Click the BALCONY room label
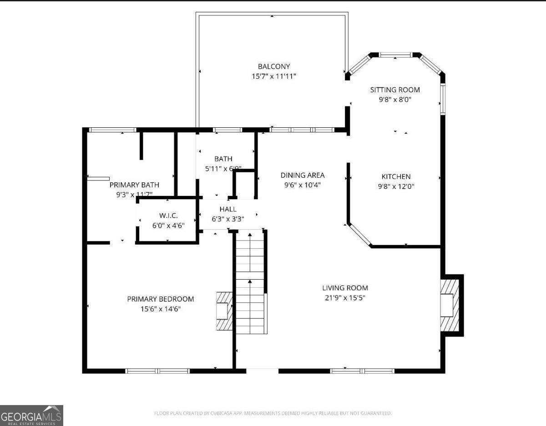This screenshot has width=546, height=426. tap(274, 66)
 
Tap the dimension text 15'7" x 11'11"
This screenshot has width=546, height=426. tap(274, 76)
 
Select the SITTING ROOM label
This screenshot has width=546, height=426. tap(394, 90)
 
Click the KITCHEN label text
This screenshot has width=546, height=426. tap(396, 176)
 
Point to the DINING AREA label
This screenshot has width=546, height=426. tap(303, 175)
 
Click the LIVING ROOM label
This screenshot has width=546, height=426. tap(345, 288)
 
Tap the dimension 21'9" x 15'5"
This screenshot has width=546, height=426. tap(345, 298)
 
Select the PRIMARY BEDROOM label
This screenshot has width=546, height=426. tap(160, 299)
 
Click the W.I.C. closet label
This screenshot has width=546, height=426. tap(168, 215)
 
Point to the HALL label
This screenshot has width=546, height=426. tap(228, 209)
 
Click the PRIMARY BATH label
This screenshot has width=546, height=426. tap(134, 185)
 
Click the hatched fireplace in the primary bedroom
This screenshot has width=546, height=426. tap(224, 311)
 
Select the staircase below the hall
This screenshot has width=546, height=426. tap(250, 282)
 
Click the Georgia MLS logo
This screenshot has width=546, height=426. tap(31, 416)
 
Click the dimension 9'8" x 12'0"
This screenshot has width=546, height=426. tap(396, 186)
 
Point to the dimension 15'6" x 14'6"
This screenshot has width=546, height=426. tap(160, 309)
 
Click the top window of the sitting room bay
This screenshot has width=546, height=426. tap(395, 55)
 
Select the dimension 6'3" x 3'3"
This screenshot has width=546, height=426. tap(228, 219)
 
